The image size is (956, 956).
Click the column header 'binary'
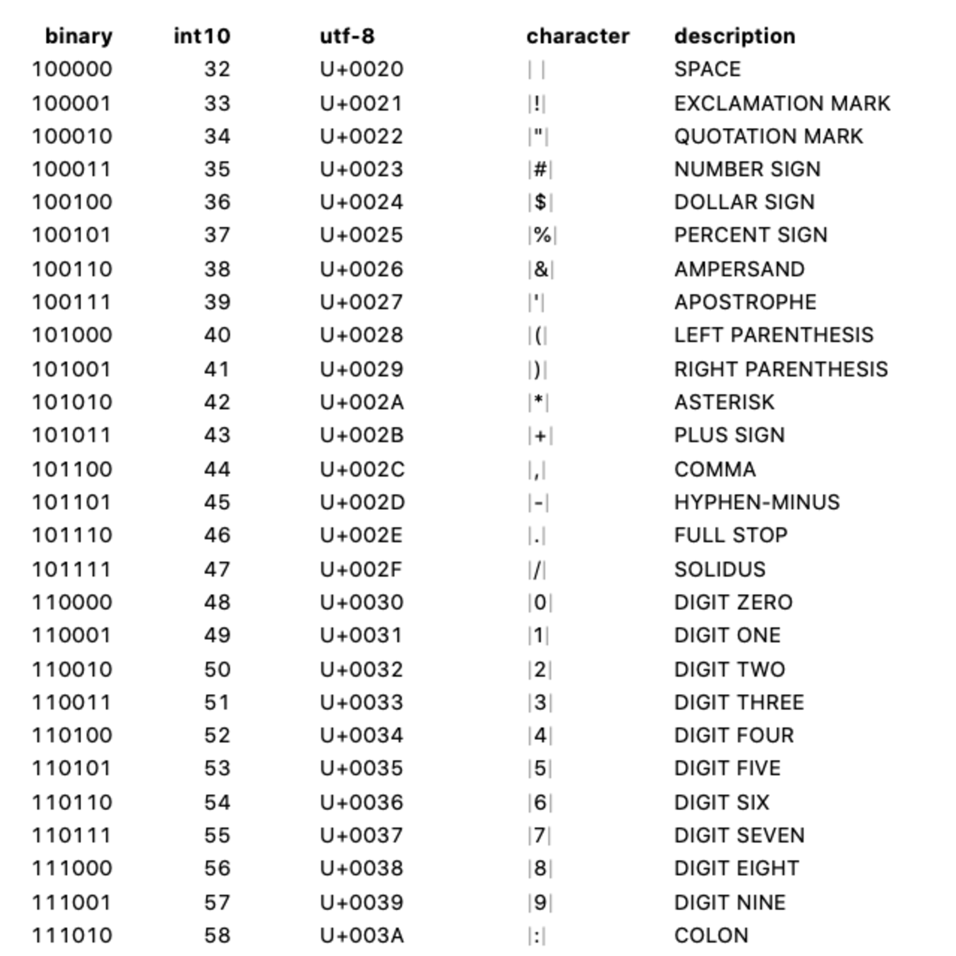click(78, 36)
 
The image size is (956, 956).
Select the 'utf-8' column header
click(347, 36)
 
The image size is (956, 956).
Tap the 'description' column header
click(734, 36)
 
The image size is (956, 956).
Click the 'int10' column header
click(201, 36)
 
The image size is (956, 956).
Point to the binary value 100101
click(71, 235)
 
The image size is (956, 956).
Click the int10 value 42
click(217, 402)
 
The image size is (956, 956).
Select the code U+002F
click(361, 569)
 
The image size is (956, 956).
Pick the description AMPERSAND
click(739, 269)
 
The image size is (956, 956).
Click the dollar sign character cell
click(540, 202)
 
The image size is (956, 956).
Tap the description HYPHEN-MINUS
click(757, 502)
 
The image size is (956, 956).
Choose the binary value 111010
click(71, 936)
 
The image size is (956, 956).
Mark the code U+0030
click(361, 602)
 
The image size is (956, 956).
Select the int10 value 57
click(217, 902)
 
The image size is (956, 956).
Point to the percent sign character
click(542, 235)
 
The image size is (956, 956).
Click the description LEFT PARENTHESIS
click(774, 335)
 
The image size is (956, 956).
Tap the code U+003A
click(361, 936)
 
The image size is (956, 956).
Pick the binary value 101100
click(71, 469)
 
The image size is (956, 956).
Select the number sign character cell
click(540, 170)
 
